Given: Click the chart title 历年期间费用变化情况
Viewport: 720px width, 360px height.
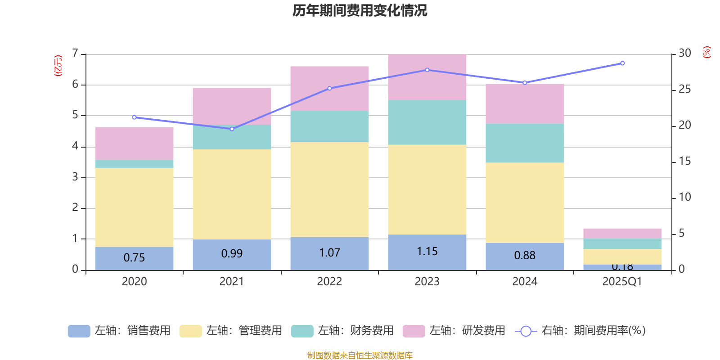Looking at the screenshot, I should click(x=360, y=10).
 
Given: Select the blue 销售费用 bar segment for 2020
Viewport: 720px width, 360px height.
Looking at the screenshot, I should click(x=134, y=258).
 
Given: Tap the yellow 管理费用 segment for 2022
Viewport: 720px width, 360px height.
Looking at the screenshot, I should click(x=329, y=189).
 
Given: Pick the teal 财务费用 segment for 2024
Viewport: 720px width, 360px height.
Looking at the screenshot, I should click(x=525, y=143).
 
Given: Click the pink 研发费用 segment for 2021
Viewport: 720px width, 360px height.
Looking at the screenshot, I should click(x=232, y=106).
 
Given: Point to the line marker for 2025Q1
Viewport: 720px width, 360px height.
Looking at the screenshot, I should click(x=622, y=63).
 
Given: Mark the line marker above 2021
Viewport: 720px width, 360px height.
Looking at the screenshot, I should click(x=232, y=129).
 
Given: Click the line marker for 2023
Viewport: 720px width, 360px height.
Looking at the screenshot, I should click(x=427, y=70).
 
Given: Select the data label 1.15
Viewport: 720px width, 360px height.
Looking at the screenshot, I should click(x=427, y=252).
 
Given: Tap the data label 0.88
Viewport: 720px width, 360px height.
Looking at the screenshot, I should click(x=525, y=256).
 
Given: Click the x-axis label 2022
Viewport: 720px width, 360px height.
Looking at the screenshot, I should click(x=329, y=282).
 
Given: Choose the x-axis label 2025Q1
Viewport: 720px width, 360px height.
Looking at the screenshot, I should click(x=622, y=282).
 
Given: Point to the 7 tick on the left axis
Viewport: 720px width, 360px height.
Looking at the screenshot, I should click(x=75, y=54).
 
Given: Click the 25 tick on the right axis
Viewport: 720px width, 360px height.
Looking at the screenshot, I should click(x=684, y=89).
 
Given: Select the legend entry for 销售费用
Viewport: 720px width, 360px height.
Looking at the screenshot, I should click(x=120, y=331).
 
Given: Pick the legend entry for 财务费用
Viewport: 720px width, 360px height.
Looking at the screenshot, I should click(x=343, y=331).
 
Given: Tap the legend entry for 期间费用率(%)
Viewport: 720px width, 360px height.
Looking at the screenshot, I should click(x=580, y=331).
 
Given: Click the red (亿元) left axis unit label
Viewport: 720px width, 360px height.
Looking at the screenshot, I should click(x=58, y=66).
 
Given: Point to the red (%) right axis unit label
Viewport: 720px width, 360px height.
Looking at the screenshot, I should click(x=706, y=52).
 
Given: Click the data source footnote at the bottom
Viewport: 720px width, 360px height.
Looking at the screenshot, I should click(x=360, y=355).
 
